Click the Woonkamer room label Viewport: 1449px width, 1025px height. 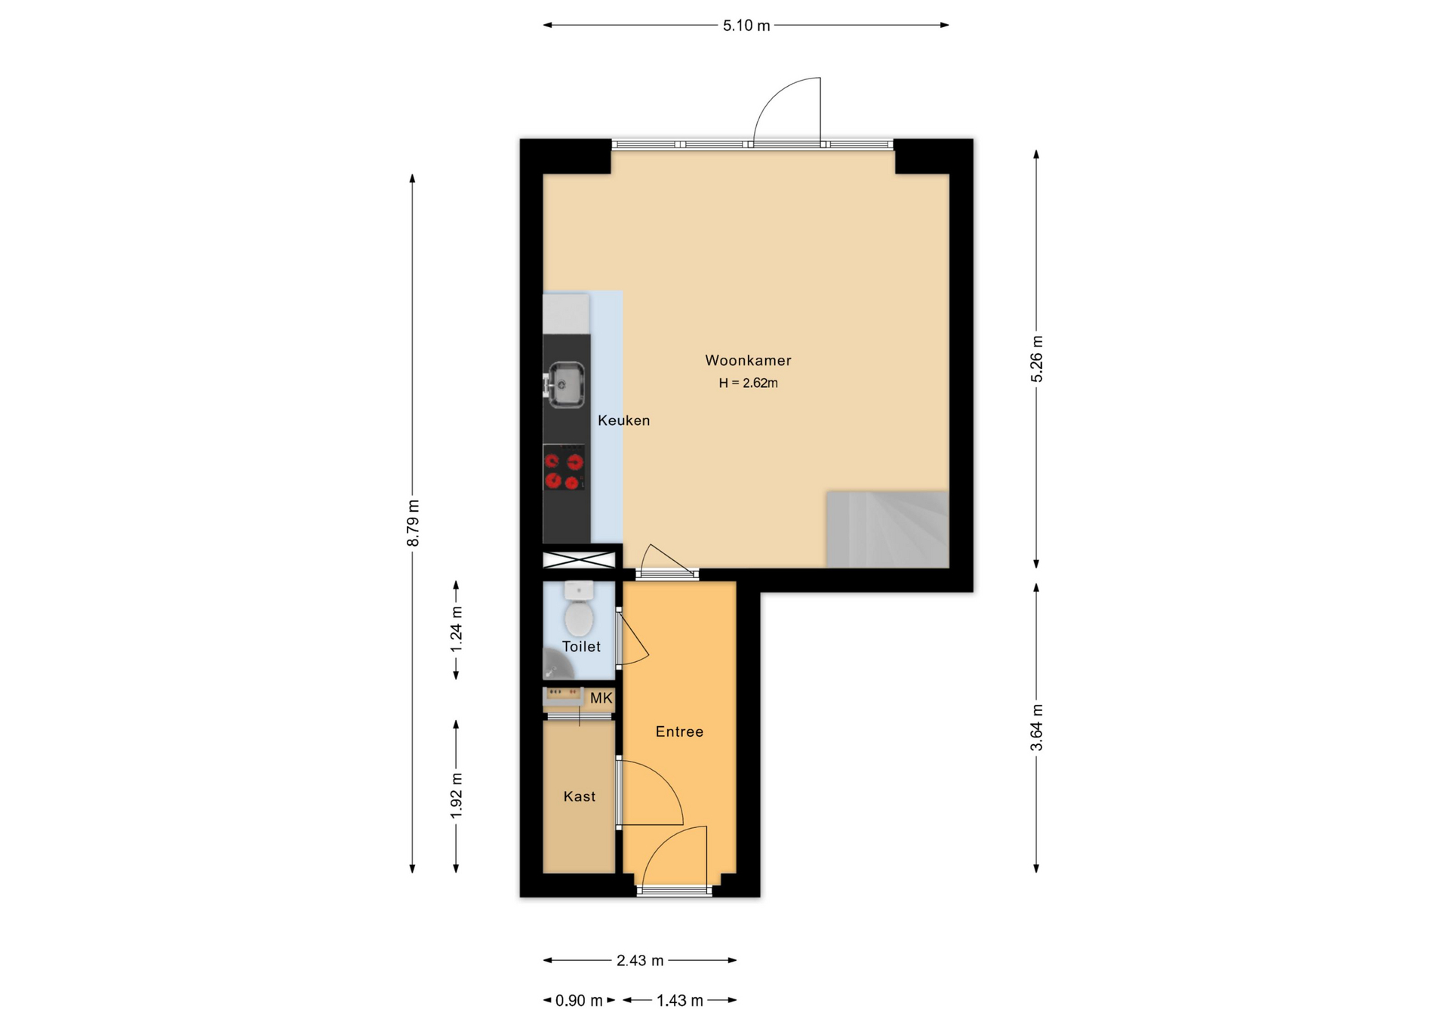point(748,361)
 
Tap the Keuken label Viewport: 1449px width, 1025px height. point(623,420)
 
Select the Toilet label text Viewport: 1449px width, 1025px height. point(581,646)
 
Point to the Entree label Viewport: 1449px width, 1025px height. point(679,731)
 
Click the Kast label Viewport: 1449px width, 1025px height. point(580,796)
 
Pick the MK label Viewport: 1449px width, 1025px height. point(601,698)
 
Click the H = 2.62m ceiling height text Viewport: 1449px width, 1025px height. point(748,383)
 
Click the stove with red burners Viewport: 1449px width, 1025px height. point(565,468)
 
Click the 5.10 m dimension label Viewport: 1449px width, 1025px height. point(746,26)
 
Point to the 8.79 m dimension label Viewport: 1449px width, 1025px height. point(413,523)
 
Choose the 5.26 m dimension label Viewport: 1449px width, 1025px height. point(1037,359)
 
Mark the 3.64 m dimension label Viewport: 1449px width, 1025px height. point(1037,728)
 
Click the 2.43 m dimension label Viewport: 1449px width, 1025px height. point(640,960)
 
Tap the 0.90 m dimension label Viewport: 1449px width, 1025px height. point(579,1000)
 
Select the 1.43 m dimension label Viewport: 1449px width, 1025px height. point(680,1000)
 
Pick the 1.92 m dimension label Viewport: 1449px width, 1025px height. point(457,796)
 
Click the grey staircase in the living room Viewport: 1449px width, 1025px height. point(888,530)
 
